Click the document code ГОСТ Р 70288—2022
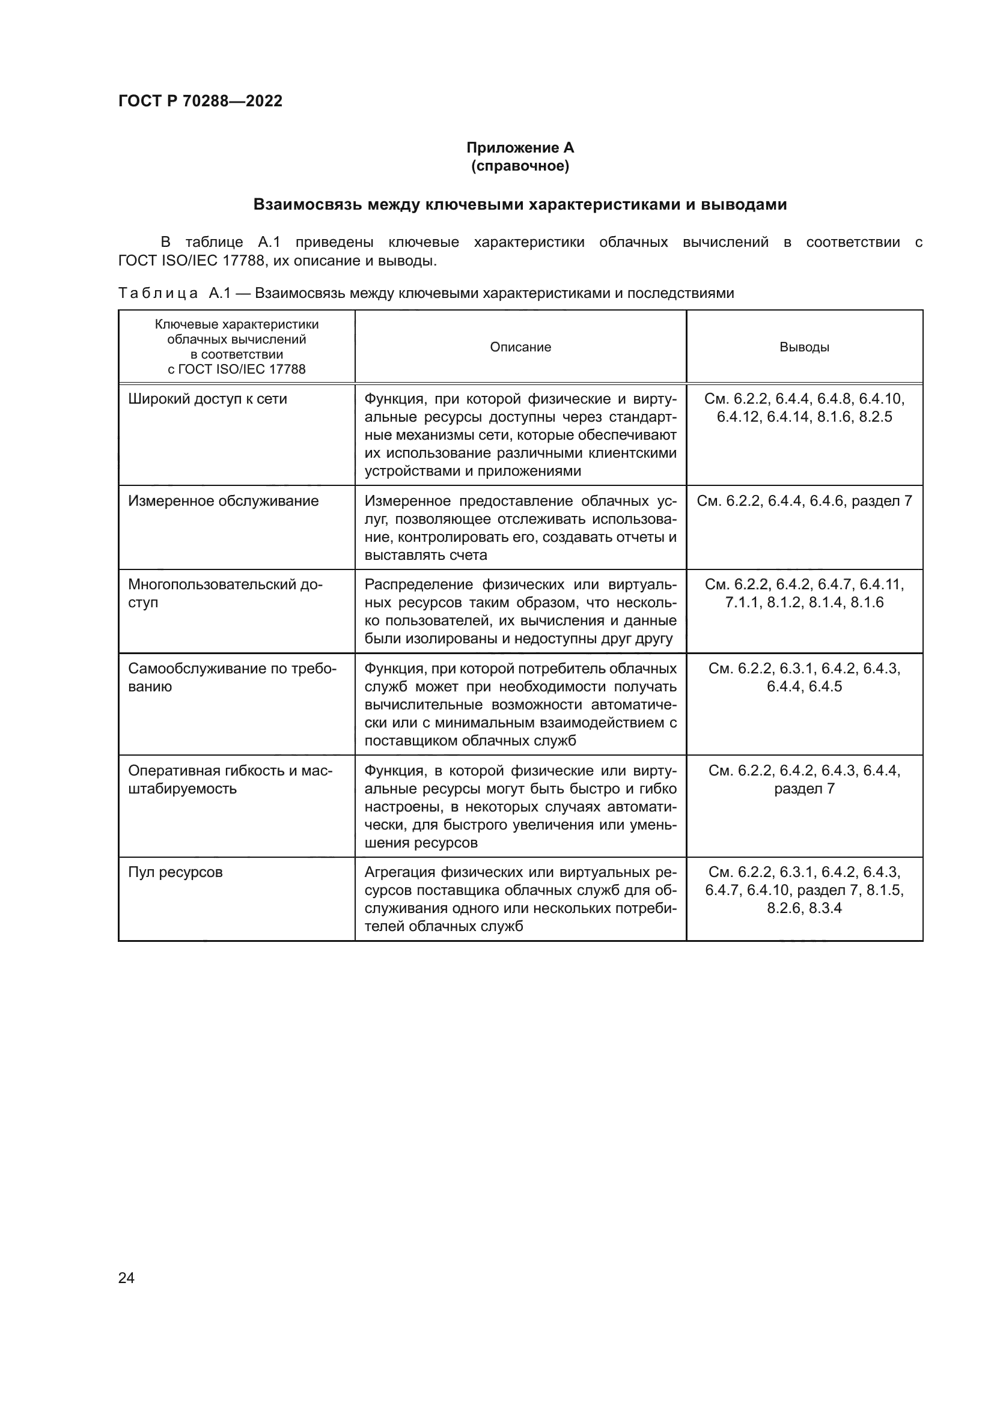click(x=200, y=101)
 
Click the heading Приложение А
click(x=520, y=148)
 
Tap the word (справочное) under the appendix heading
click(x=520, y=166)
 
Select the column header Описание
click(x=520, y=347)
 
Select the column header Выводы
click(x=803, y=347)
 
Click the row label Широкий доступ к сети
click(x=207, y=399)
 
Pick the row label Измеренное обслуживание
click(x=224, y=501)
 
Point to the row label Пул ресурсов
click(x=175, y=872)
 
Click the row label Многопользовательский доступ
click(x=225, y=593)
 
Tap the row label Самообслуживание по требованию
click(x=232, y=677)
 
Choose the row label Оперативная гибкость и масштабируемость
click(x=230, y=779)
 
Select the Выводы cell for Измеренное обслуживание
click(x=803, y=501)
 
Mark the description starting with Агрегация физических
click(x=520, y=899)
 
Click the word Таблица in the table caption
click(x=158, y=294)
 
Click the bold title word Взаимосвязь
click(x=307, y=204)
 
